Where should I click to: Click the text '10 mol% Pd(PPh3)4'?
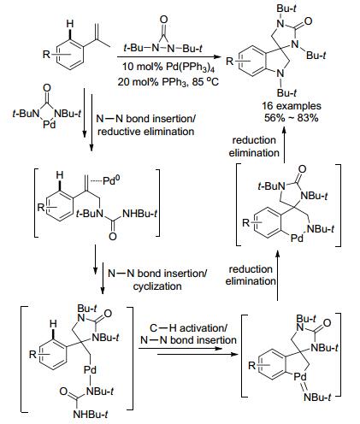(x=168, y=68)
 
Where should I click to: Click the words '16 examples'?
(x=292, y=106)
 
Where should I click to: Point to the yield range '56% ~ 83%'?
(x=291, y=118)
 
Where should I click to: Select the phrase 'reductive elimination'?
(x=146, y=132)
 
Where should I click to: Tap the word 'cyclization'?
(x=157, y=286)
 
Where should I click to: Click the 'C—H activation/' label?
(x=188, y=328)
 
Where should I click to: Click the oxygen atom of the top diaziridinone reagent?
(x=164, y=20)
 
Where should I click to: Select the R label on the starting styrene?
(x=46, y=54)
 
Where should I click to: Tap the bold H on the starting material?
(x=70, y=24)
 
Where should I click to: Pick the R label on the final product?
(x=229, y=61)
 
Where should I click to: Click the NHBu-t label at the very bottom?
(x=91, y=414)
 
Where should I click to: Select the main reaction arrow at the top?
(x=169, y=57)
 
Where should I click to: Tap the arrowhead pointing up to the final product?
(x=284, y=131)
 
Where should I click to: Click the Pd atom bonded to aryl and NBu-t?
(x=297, y=238)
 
